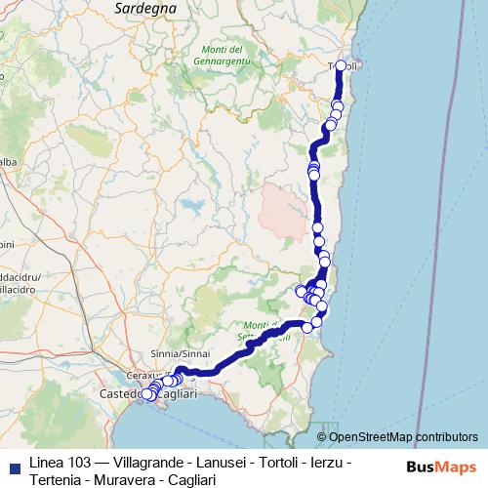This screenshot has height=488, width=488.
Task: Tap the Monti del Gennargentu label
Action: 226,57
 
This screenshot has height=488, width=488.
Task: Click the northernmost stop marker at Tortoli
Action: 341,65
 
